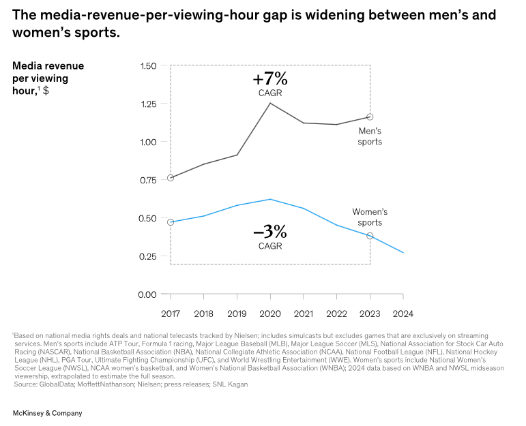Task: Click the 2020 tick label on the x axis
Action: (x=270, y=314)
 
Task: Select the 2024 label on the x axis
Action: (x=403, y=314)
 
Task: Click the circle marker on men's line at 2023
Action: (x=370, y=117)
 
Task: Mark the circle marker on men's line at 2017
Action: (x=171, y=178)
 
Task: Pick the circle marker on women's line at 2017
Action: (x=171, y=222)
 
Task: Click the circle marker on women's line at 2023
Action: (x=370, y=236)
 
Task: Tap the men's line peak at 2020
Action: (x=270, y=103)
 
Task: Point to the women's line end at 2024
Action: (x=403, y=253)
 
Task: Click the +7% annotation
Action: (x=270, y=79)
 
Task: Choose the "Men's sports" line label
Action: (x=370, y=136)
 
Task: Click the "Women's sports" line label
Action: (x=370, y=217)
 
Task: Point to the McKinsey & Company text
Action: (x=48, y=413)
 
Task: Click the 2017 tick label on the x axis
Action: (x=171, y=314)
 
